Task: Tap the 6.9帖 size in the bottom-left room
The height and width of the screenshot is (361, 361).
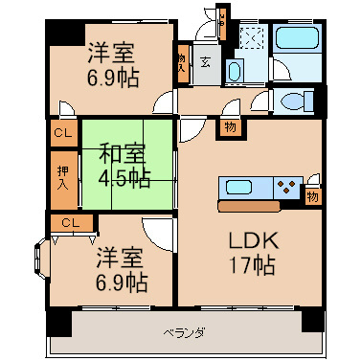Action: pos(120,282)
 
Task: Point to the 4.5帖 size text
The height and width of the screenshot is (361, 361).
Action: pos(122,177)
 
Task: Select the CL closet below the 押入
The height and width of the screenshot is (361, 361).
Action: pos(70,223)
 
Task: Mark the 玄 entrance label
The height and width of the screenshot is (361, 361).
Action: pos(206,64)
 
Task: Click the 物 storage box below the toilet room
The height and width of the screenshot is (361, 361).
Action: pos(231,126)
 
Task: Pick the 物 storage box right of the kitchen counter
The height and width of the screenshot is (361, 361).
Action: pos(313,196)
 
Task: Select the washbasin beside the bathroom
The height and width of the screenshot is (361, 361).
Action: pos(236,74)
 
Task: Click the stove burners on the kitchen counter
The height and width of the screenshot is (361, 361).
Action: pos(285,188)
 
